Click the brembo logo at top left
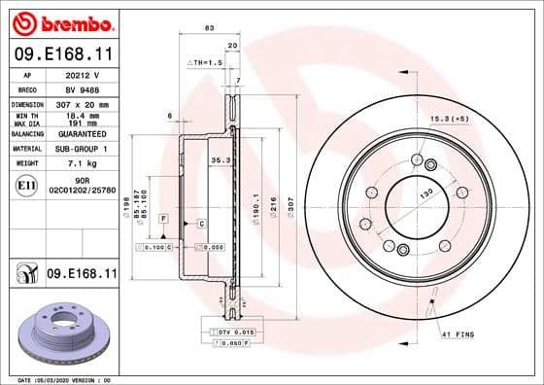point(60,22)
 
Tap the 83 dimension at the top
point(209,28)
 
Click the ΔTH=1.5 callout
point(205,61)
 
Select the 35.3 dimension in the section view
point(220,160)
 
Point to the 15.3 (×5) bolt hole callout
point(449,119)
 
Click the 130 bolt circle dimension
point(425,194)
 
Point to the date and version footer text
point(59,379)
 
